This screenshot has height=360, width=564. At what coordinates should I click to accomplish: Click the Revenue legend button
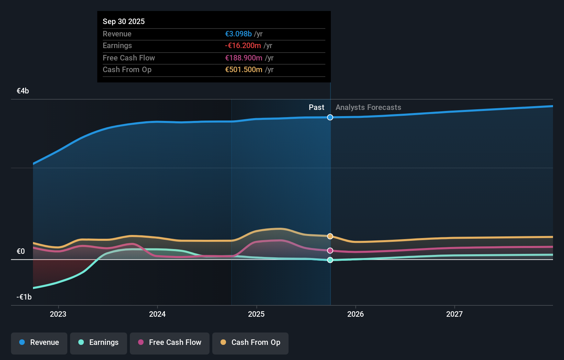tap(39, 343)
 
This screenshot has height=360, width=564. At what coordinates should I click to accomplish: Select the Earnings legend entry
tap(99, 343)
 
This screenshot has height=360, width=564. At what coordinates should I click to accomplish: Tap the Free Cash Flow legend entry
tap(170, 343)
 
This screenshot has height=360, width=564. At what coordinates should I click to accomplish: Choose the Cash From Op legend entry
tap(250, 343)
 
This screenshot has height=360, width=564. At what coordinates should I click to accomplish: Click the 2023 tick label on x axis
tap(58, 314)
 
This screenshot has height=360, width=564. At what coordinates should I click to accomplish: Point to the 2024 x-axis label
tap(157, 314)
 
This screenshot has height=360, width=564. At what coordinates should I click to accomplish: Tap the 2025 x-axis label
tap(256, 314)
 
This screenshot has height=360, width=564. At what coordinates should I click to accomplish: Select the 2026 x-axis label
tap(356, 314)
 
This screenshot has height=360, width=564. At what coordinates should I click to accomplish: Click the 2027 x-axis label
tap(454, 314)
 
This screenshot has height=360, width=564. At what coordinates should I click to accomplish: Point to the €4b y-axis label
tap(23, 91)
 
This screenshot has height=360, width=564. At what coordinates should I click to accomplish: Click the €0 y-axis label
tap(21, 251)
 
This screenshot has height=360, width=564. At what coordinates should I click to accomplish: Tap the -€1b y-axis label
tap(24, 297)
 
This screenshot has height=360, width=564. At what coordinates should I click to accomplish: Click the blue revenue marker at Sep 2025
tap(330, 117)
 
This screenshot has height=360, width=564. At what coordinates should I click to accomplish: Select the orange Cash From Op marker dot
tap(330, 236)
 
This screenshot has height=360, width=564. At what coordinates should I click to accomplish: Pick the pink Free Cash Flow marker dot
tap(330, 251)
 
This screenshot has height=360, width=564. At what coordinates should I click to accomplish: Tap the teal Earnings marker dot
tap(330, 260)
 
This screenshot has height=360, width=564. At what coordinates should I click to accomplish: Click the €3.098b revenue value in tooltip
tap(238, 34)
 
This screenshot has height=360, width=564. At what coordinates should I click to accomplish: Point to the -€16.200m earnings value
tap(243, 46)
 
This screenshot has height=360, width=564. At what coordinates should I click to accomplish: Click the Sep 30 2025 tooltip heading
tap(124, 22)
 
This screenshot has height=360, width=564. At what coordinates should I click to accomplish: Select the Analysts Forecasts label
tap(368, 108)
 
